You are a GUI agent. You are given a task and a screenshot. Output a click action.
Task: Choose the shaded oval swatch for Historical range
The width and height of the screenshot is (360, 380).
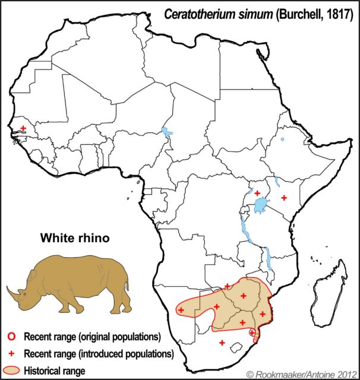(12, 370)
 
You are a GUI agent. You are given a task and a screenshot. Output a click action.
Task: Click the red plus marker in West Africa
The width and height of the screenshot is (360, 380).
(23, 128)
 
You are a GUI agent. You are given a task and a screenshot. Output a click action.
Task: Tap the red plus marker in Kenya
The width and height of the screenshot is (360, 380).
(284, 197)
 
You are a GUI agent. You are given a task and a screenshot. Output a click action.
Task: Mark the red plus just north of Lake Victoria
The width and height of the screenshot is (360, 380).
(257, 193)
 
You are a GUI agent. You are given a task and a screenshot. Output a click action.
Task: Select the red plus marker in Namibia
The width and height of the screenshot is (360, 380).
(181, 310)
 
